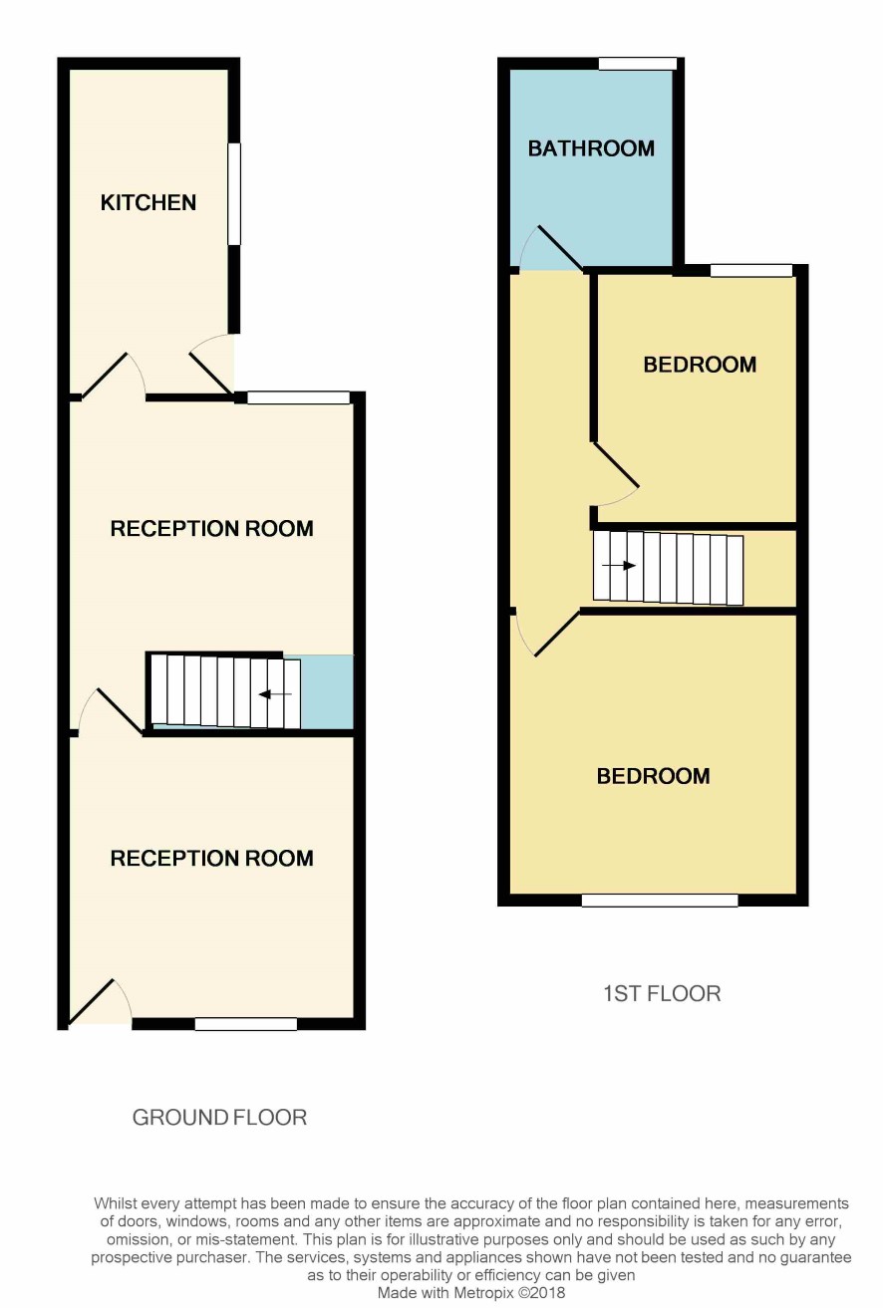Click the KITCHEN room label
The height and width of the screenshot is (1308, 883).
point(148,202)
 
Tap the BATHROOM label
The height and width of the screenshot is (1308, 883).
point(591,148)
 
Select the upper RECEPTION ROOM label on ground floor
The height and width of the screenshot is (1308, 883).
point(212,528)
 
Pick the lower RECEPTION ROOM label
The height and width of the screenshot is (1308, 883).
point(212,858)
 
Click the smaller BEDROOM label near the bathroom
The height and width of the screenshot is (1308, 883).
point(700,365)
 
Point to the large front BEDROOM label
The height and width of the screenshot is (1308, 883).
point(653,776)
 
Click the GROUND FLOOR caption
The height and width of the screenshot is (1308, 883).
point(219,1117)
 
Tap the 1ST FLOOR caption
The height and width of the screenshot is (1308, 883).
point(662,993)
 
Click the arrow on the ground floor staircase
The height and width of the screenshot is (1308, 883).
point(275,694)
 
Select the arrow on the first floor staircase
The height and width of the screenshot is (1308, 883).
point(619,565)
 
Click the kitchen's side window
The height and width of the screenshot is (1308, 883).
point(234,193)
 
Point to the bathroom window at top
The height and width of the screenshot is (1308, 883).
point(638,63)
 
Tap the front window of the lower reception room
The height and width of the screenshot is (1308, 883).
point(246,1024)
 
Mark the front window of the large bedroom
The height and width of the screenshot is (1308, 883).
point(660,900)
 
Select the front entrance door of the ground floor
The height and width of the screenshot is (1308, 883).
point(100,1001)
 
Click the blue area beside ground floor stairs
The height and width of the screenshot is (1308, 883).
point(327,692)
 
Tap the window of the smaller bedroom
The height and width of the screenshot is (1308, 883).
point(751,270)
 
